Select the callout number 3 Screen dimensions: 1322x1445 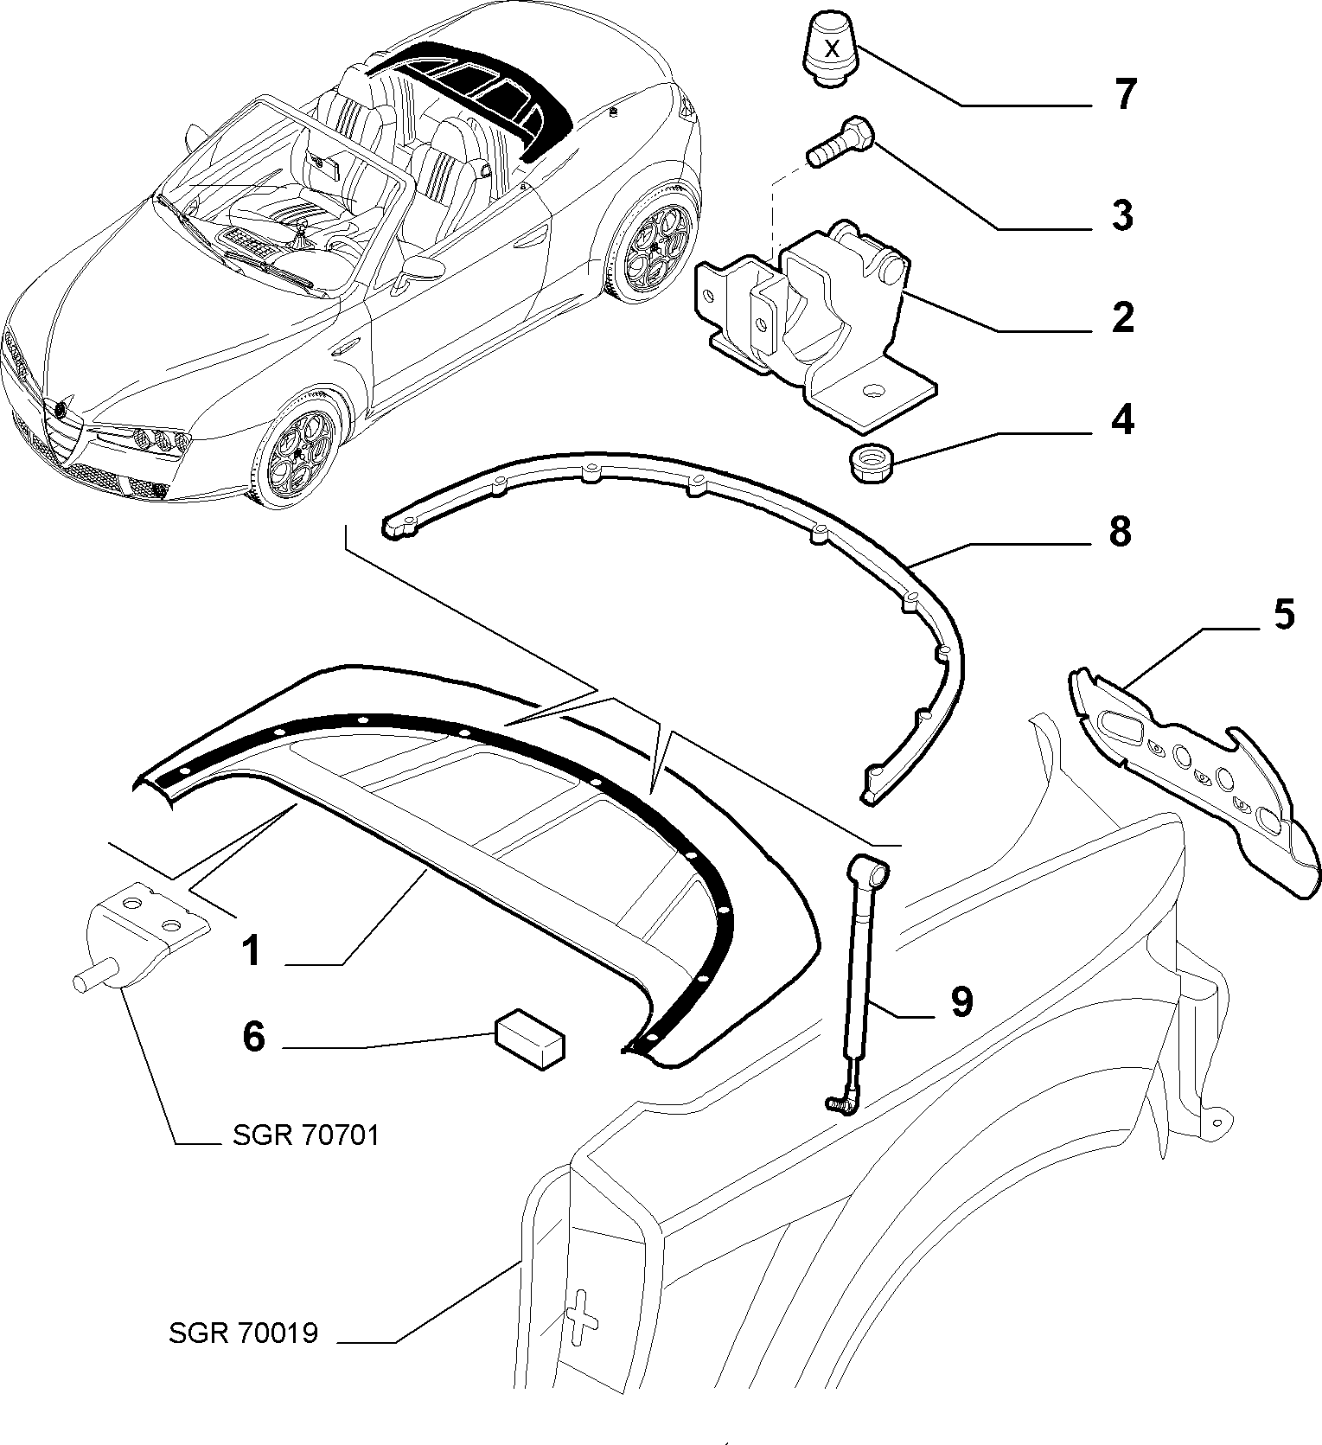click(x=1122, y=215)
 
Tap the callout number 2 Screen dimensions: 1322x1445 click(x=1122, y=318)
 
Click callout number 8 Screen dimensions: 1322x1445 click(x=1120, y=532)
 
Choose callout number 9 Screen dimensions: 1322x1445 click(x=961, y=1001)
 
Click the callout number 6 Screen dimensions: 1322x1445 click(x=252, y=1035)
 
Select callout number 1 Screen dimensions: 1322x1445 click(x=250, y=951)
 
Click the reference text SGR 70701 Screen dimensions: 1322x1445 click(x=306, y=1134)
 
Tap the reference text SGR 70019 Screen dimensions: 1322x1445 click(x=244, y=1357)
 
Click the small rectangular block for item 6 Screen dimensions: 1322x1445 click(x=529, y=1039)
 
